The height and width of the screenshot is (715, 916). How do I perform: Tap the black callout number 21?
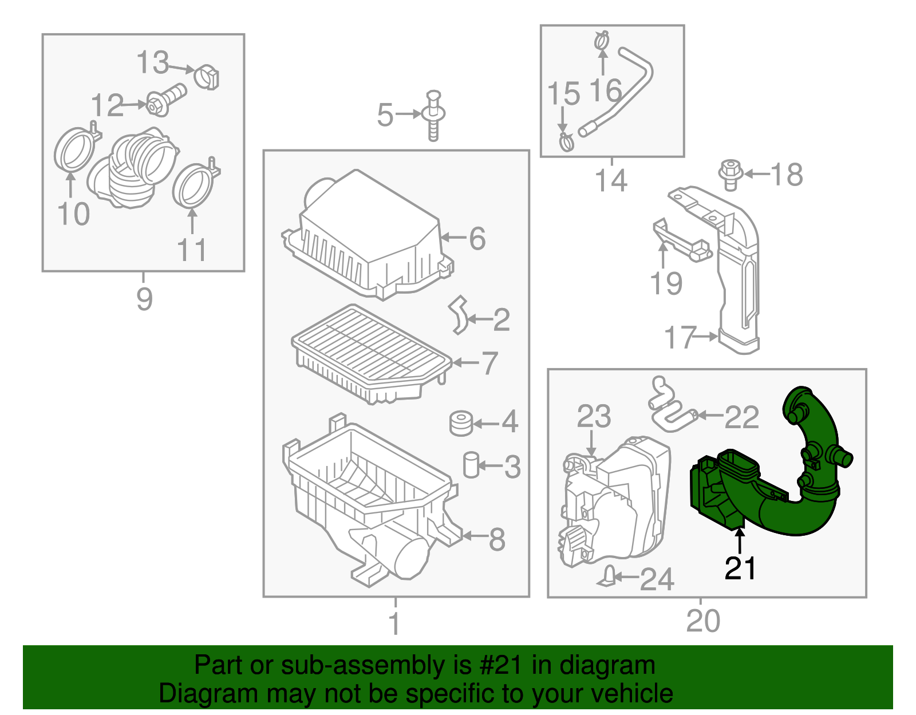pyautogui.click(x=740, y=568)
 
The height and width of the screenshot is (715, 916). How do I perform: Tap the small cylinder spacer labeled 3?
pyautogui.click(x=471, y=464)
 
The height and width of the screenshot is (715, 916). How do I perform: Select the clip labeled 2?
pyautogui.click(x=459, y=315)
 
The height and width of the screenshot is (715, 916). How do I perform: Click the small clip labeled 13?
pyautogui.click(x=207, y=78)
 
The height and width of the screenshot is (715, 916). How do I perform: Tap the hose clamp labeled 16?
pyautogui.click(x=601, y=41)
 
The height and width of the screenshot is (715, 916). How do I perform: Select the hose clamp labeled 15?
pyautogui.click(x=566, y=141)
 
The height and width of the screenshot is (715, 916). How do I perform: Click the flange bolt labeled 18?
pyautogui.click(x=731, y=173)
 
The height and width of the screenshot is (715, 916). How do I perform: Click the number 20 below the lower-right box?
pyautogui.click(x=703, y=621)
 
